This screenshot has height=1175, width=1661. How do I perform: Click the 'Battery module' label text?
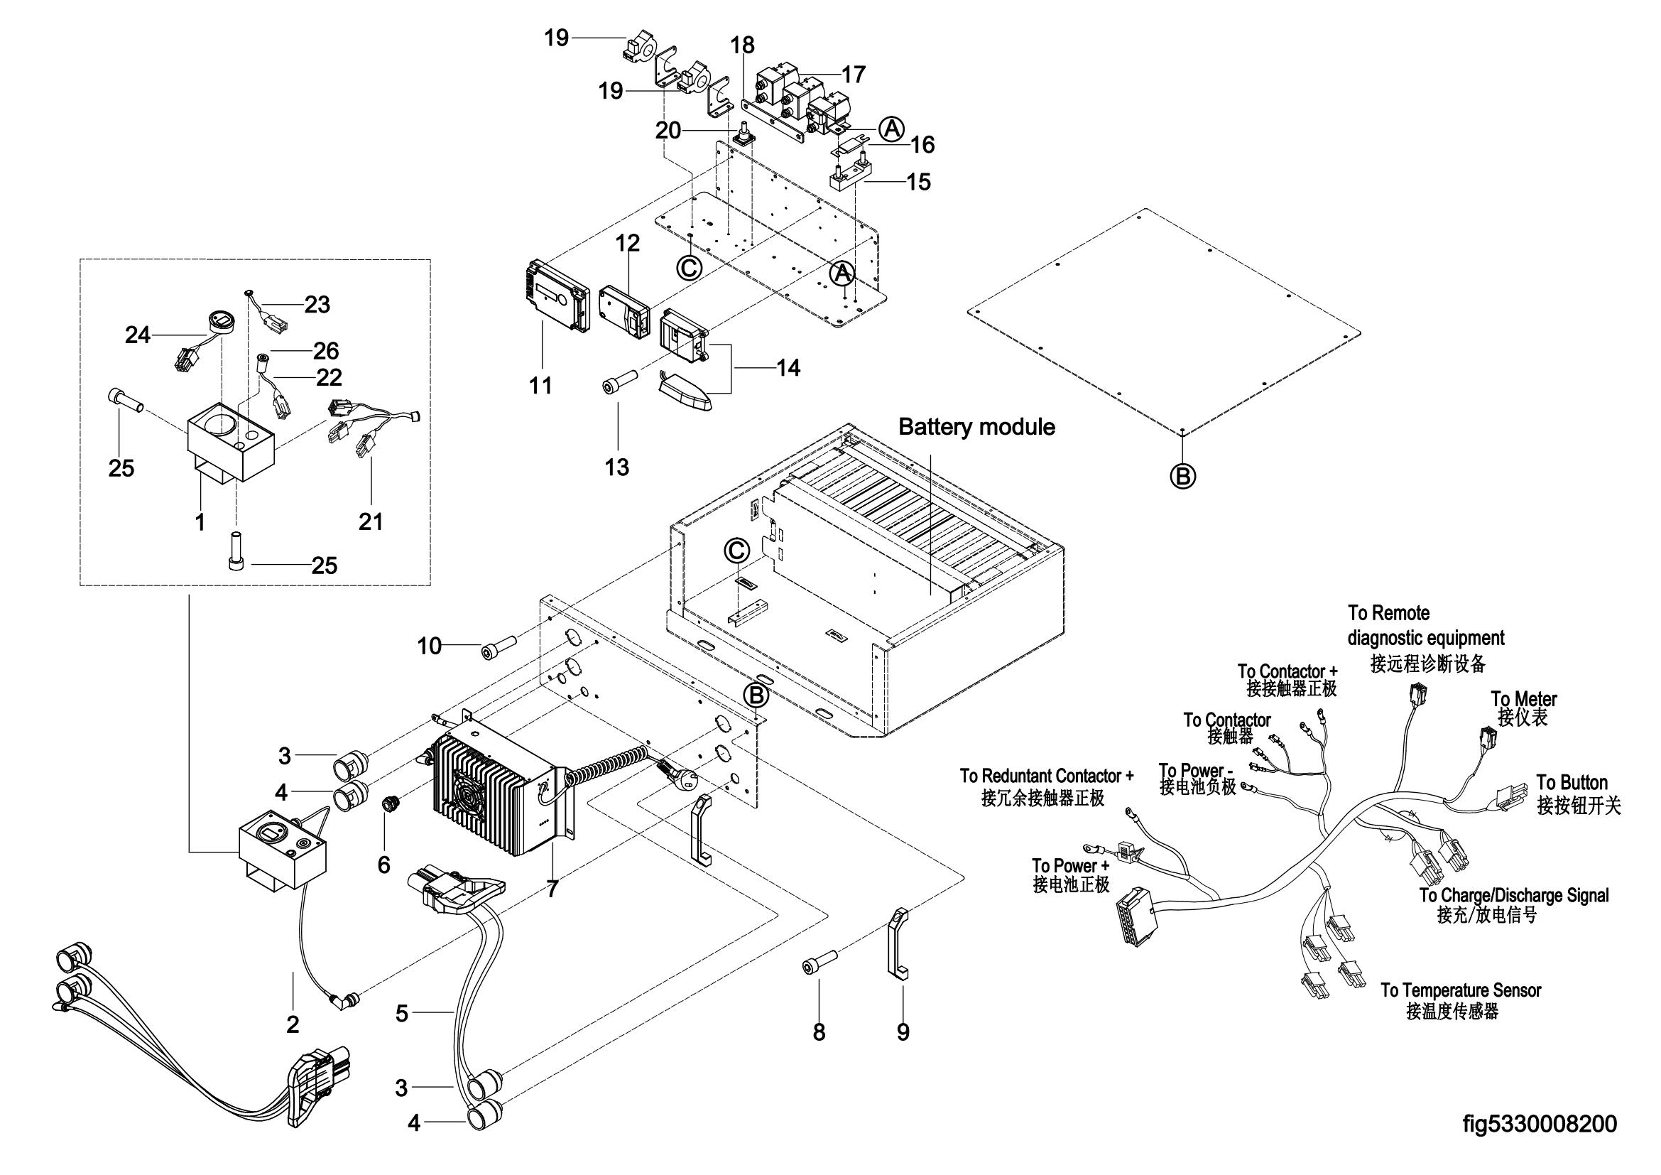click(x=976, y=427)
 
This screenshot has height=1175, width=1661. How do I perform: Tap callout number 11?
click(x=540, y=386)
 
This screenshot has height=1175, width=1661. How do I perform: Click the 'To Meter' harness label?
click(x=1523, y=700)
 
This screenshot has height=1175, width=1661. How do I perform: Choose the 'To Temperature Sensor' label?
click(x=1460, y=990)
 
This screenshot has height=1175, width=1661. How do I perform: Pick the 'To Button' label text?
click(x=1572, y=783)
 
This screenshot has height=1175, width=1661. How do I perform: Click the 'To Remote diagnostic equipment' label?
click(x=1425, y=626)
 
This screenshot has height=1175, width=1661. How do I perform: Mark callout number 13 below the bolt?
click(x=617, y=467)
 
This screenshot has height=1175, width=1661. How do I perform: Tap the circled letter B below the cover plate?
click(x=1183, y=476)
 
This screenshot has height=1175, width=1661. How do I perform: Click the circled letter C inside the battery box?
click(x=736, y=551)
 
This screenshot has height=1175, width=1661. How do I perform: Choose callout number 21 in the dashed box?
click(x=371, y=521)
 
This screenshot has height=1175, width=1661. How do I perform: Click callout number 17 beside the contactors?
click(x=854, y=75)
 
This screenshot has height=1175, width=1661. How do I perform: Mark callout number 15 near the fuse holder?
click(x=918, y=182)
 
